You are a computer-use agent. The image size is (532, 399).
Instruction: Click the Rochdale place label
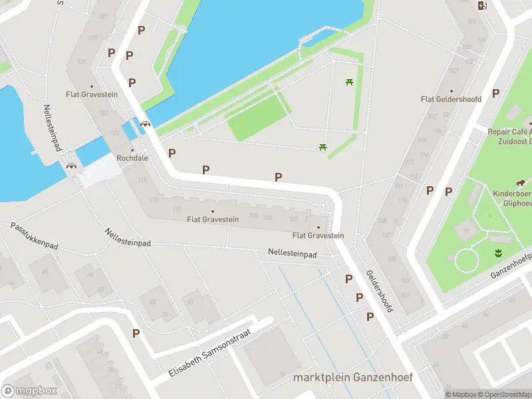click(x=132, y=158)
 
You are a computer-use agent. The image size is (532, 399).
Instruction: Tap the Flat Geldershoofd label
click(x=451, y=99)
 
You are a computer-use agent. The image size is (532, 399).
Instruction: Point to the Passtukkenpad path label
click(x=34, y=237)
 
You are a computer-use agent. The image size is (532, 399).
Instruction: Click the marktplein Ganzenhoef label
click(x=353, y=378)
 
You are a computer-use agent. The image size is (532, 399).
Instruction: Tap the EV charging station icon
click(x=482, y=6)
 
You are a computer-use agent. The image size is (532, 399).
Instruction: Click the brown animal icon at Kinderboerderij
click(x=519, y=184)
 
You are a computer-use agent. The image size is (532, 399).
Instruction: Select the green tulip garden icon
click(x=496, y=252)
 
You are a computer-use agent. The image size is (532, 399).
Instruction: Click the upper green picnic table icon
click(x=348, y=82)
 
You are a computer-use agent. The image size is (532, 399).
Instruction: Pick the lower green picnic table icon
click(x=323, y=147)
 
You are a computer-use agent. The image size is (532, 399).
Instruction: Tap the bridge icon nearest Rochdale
click(x=144, y=123)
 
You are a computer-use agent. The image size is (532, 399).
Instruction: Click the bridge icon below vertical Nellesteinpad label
click(x=72, y=166)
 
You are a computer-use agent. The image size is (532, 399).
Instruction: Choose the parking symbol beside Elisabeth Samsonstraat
click(x=136, y=333)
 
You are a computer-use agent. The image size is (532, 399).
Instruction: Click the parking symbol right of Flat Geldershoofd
click(x=495, y=94)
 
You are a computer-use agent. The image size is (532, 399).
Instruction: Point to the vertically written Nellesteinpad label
click(x=52, y=128)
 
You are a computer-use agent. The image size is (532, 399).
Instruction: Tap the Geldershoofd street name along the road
click(x=380, y=291)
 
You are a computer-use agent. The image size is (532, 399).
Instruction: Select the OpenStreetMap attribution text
click(x=503, y=394)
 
